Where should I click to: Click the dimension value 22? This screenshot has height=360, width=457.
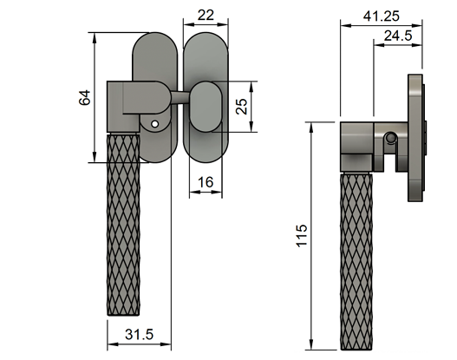206,16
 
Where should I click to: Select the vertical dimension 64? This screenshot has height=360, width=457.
84,97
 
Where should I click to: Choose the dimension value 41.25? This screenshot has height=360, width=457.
382,15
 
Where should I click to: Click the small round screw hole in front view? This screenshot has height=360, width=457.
153,125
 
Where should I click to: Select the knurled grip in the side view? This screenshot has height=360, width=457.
357,260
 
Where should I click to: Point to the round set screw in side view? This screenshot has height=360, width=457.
392,138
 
